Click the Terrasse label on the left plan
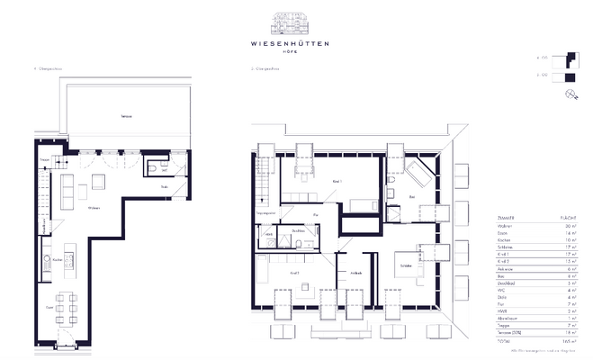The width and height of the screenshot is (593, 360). click(x=114, y=118)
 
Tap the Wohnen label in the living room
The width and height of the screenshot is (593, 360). click(x=93, y=208)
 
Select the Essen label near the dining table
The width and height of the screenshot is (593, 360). click(x=49, y=306)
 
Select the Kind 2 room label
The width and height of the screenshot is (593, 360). click(x=293, y=271)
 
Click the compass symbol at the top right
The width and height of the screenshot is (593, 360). click(x=571, y=94)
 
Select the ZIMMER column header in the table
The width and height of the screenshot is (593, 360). click(x=506, y=218)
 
